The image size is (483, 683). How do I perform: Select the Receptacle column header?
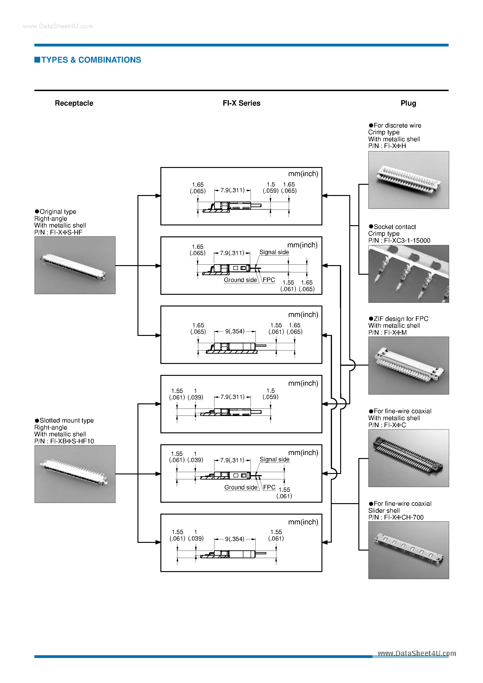click(x=74, y=103)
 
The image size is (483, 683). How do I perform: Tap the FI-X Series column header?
click(x=241, y=103)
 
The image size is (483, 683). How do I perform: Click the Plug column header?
click(x=408, y=103)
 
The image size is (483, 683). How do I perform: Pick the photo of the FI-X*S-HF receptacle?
click(x=75, y=265)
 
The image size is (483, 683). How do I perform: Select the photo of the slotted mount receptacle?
click(x=75, y=474)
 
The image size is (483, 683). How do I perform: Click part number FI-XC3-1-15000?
click(x=407, y=240)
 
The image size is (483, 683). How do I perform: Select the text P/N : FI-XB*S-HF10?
click(x=64, y=441)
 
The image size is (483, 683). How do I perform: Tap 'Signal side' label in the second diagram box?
click(x=274, y=252)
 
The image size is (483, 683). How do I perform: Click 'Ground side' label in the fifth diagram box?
click(x=241, y=487)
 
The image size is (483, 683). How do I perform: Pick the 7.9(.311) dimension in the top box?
click(x=232, y=190)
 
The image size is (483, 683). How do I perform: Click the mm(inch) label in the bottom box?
click(x=303, y=522)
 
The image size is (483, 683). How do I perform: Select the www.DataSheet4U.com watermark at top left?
click(x=58, y=26)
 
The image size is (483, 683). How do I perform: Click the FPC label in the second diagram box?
click(x=269, y=280)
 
